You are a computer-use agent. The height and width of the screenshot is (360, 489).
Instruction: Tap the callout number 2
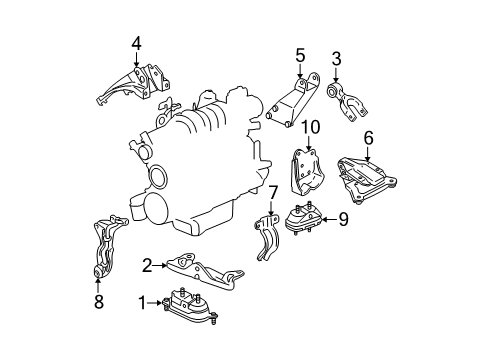147,265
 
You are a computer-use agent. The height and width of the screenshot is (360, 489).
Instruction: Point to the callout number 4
136,42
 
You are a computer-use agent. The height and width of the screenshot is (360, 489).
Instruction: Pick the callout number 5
299,55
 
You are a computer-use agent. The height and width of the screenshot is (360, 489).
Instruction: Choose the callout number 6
368,139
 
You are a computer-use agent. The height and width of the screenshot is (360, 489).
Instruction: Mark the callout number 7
271,191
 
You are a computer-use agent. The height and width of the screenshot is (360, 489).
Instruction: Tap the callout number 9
342,219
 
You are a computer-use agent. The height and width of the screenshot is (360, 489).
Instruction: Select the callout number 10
310,127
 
